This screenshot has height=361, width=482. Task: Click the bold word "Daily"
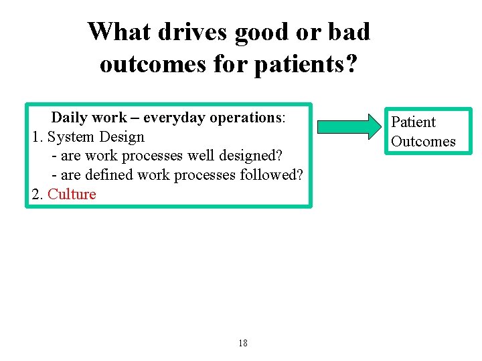pos(70,118)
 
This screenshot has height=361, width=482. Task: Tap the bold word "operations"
pos(244,118)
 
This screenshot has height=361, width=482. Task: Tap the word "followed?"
pos(272,175)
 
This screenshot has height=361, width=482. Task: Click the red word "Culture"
pos(72,195)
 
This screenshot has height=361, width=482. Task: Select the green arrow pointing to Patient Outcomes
pos(347,127)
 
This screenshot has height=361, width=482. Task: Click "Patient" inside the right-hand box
pos(413,122)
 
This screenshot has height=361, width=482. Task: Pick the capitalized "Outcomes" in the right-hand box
pos(423,141)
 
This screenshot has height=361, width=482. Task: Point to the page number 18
pos(242,343)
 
